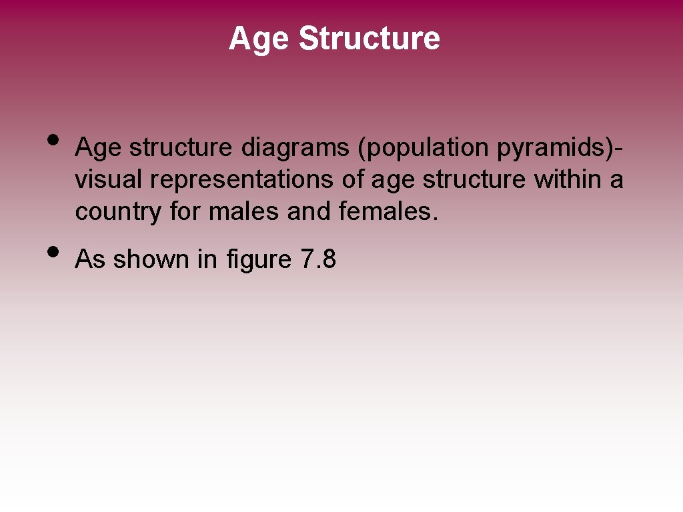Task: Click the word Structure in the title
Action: click(x=369, y=39)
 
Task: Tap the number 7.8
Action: click(x=318, y=259)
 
